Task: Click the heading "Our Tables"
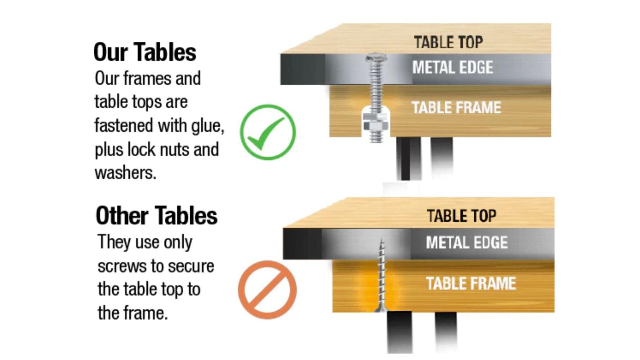click(x=145, y=52)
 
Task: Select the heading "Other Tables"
click(x=157, y=216)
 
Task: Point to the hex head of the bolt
click(x=376, y=57)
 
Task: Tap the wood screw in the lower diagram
click(x=381, y=275)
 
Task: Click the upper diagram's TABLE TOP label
click(x=448, y=42)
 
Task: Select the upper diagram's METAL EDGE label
click(x=453, y=67)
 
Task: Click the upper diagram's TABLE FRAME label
click(x=456, y=108)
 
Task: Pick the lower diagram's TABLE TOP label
click(x=461, y=216)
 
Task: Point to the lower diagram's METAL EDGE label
click(x=467, y=243)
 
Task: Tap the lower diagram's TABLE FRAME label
click(x=471, y=284)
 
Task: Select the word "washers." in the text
click(x=125, y=173)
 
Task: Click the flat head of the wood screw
click(x=381, y=309)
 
